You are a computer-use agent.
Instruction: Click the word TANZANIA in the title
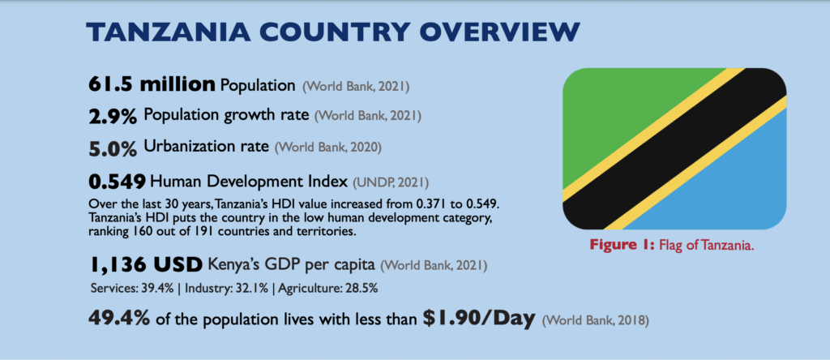pyautogui.click(x=167, y=32)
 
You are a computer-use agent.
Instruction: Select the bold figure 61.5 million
pyautogui.click(x=152, y=84)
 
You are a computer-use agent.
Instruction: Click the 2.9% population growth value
pyautogui.click(x=112, y=116)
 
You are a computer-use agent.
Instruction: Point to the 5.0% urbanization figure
pyautogui.click(x=112, y=148)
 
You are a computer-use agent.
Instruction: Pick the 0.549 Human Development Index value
pyautogui.click(x=117, y=182)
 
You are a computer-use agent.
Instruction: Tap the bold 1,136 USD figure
pyautogui.click(x=146, y=265)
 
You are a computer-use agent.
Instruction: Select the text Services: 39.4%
pyautogui.click(x=126, y=289)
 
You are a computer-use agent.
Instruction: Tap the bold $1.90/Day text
pyautogui.click(x=479, y=319)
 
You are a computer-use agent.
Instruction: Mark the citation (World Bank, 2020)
pyautogui.click(x=327, y=148)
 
